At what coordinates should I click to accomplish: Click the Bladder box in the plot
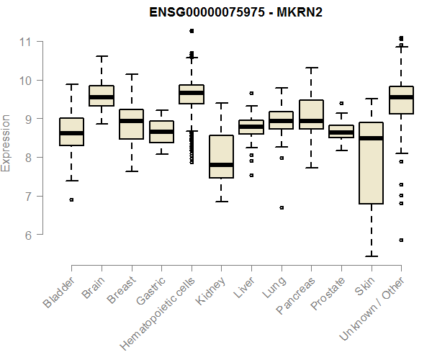pos(71,132)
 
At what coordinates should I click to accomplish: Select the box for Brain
pos(101,96)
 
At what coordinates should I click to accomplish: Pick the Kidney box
pos(221,156)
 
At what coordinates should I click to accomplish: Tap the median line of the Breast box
pos(131,121)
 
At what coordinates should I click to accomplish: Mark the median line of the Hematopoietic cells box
pos(191,93)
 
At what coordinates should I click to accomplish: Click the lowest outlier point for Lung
pos(281,207)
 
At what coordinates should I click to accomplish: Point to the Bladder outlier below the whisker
pos(71,199)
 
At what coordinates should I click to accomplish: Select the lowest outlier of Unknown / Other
pos(401,240)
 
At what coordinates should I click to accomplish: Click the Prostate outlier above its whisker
pos(341,103)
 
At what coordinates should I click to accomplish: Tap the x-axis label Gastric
pos(152,291)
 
